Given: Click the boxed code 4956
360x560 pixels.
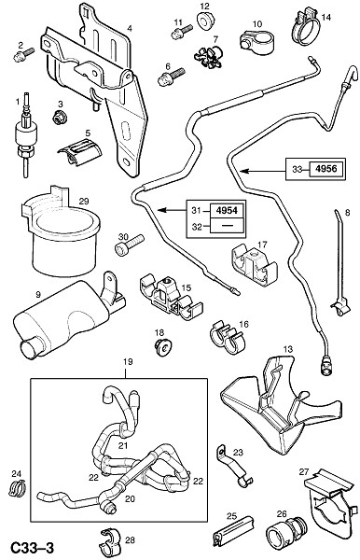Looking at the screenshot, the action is click(326, 169).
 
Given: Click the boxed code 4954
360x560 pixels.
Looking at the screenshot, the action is click(227, 210).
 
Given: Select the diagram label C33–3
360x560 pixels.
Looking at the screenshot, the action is click(32, 547).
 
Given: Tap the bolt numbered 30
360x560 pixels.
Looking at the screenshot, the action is click(129, 244).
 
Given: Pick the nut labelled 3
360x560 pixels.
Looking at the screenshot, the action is click(58, 118).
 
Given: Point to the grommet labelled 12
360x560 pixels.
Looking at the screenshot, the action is click(205, 21).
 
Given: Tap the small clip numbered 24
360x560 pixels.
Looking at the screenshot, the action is click(17, 488).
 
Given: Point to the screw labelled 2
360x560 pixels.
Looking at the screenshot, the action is click(23, 55).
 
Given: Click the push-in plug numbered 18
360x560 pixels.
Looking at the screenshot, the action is click(163, 347).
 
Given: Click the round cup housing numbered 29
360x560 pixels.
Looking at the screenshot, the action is click(62, 231).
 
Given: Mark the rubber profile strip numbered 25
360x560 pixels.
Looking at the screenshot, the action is click(233, 532).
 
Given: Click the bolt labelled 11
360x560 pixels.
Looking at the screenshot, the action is click(182, 31).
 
